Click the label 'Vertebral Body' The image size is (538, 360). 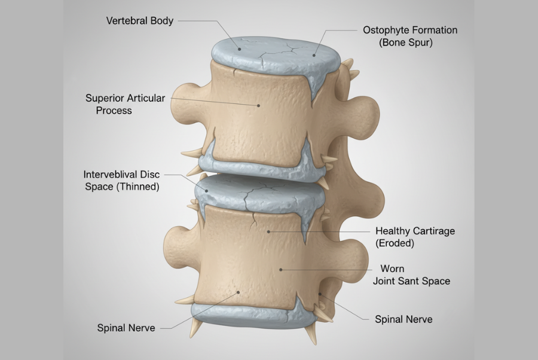pos(140,21)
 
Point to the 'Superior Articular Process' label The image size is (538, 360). pos(124,104)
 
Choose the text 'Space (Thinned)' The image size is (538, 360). pos(121,187)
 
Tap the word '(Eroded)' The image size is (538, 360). pos(395,243)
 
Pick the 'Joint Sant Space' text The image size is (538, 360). pos(411,280)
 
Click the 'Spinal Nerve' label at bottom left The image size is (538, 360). pos(126,328)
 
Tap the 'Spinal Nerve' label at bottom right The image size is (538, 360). pos(403,319)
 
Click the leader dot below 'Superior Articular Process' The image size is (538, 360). pos(259,105)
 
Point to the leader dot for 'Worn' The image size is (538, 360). pos(280,269)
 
